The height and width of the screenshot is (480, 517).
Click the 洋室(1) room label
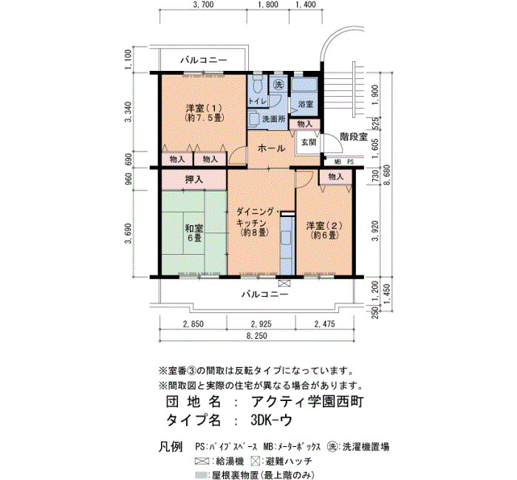pos(203,113)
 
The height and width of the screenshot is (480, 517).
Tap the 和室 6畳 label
pos(194,233)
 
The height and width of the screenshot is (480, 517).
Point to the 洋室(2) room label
pos(324,230)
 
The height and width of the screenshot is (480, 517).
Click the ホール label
pos(271,148)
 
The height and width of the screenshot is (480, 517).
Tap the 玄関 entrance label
pos(309,142)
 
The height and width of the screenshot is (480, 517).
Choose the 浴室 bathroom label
pos(305,104)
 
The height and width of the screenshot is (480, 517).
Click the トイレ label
pos(258,101)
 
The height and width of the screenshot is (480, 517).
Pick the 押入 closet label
pos(194,179)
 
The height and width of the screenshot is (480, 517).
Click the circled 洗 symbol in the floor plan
pos(278,85)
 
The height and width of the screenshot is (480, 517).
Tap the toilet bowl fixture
pos(258,85)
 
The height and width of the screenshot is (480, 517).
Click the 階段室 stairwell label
pos(354,137)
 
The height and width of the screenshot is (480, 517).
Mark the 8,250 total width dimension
pos(257,336)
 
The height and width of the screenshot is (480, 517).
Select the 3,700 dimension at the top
pos(203,4)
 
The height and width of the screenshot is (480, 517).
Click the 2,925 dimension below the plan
pos(261,324)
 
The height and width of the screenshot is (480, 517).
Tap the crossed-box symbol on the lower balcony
pos(284,283)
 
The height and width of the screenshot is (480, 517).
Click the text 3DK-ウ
pos(271,420)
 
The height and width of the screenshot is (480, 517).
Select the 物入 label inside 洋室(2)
pos(336,176)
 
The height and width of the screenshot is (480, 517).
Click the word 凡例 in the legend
pos(171,447)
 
